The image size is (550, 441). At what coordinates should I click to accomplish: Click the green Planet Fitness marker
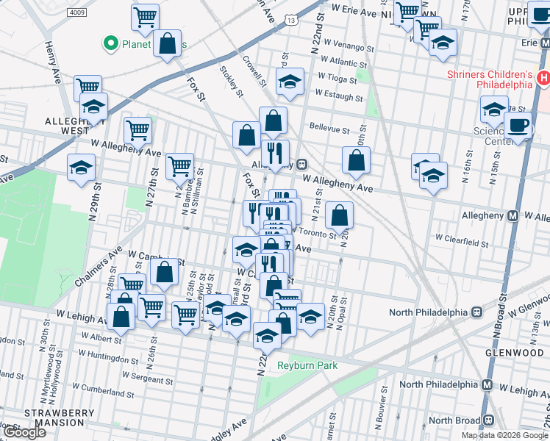(111, 44)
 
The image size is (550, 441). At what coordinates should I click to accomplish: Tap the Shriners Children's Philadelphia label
(490, 79)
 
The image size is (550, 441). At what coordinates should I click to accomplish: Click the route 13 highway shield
(293, 21)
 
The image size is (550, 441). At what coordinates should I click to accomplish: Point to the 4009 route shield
(76, 12)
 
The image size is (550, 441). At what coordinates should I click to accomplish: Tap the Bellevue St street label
(329, 129)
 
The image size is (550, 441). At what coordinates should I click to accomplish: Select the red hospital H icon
(543, 77)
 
